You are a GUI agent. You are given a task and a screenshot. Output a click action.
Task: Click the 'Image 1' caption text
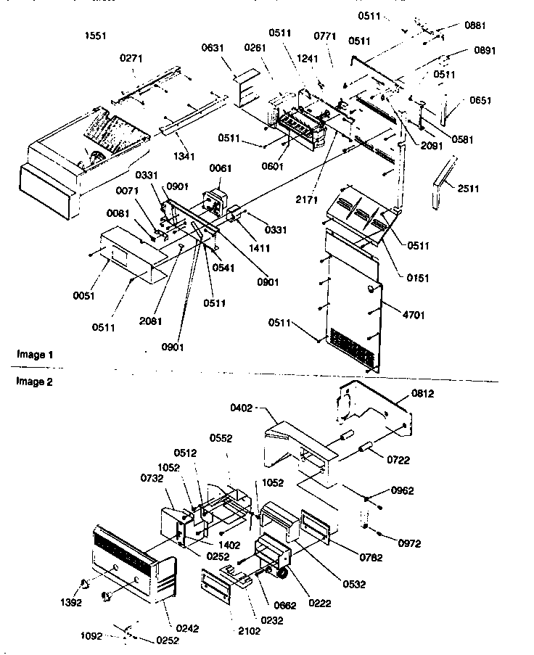36,355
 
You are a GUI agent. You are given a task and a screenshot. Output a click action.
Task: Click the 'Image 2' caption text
36,381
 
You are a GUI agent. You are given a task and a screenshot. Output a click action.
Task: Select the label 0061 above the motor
220,169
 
